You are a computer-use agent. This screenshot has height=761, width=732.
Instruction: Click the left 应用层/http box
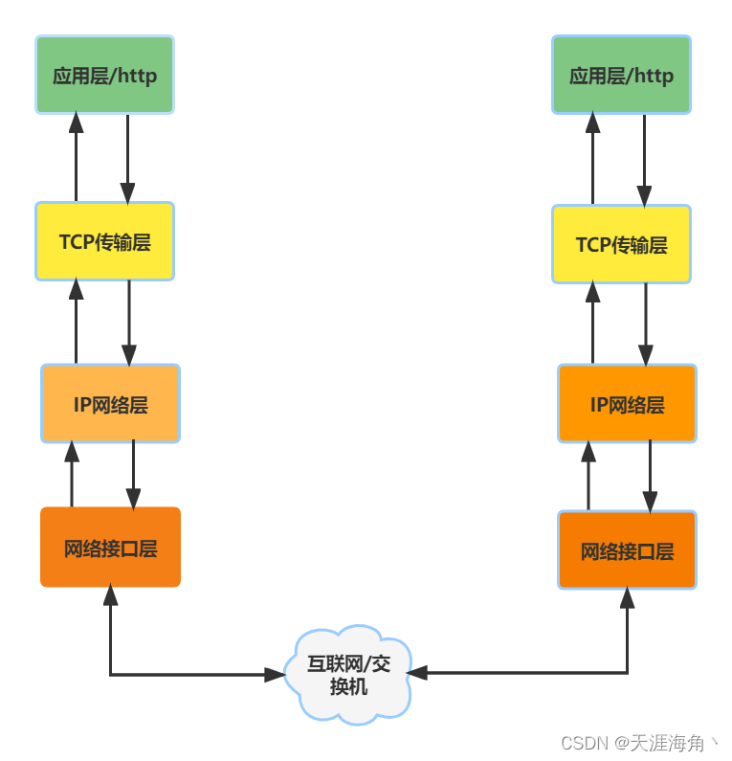(x=105, y=75)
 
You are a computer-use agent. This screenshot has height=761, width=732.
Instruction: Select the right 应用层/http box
(x=621, y=75)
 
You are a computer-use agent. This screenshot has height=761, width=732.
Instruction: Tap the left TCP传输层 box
(x=105, y=241)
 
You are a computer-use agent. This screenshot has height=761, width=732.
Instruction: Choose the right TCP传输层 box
(x=621, y=244)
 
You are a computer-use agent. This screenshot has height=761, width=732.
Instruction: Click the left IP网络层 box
(x=110, y=403)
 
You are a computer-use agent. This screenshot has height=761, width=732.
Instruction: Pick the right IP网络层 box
(x=627, y=403)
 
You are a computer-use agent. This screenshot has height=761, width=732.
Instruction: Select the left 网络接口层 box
(x=110, y=548)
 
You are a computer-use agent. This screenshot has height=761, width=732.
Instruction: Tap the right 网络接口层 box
(x=627, y=550)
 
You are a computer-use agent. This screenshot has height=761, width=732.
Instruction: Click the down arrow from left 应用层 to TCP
(x=128, y=158)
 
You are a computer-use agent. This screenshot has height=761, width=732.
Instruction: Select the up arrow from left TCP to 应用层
(x=76, y=158)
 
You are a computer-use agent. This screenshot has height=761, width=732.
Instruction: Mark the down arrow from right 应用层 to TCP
(x=645, y=160)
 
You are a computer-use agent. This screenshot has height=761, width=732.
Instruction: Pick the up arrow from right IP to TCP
(x=592, y=323)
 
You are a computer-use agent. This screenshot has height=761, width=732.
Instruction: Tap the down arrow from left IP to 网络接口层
(x=133, y=475)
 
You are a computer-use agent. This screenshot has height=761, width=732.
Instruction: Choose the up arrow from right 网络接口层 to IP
(x=588, y=476)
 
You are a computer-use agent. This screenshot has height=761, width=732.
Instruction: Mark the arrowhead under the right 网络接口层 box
(x=628, y=598)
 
